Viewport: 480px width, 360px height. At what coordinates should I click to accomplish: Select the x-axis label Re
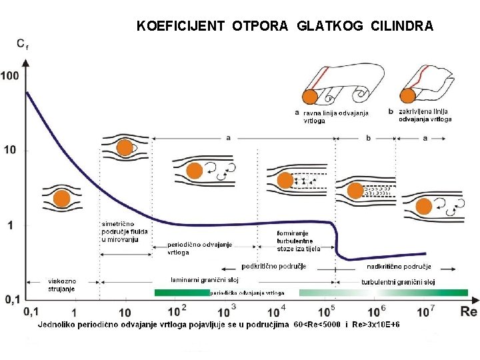(x=469, y=311)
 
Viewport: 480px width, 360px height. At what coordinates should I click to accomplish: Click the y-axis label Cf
(x=21, y=44)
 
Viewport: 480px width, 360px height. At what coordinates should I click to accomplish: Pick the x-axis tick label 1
(x=74, y=312)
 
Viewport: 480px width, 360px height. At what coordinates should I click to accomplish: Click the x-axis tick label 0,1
(x=31, y=312)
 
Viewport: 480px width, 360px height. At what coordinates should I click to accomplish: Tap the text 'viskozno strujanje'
(x=61, y=285)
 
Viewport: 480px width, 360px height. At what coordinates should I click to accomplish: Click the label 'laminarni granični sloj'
(x=205, y=279)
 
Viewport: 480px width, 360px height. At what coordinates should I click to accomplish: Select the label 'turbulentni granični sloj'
(x=398, y=282)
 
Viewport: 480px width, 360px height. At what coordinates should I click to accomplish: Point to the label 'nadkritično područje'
(x=399, y=267)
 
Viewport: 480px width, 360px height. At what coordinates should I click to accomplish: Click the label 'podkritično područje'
(x=273, y=267)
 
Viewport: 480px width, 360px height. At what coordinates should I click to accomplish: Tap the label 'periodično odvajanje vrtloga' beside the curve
(x=199, y=248)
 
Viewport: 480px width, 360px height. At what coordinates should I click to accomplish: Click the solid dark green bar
(x=182, y=293)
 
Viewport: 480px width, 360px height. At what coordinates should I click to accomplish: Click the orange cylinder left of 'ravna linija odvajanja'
(x=309, y=97)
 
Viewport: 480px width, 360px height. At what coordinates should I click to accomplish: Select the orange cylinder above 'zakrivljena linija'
(x=407, y=96)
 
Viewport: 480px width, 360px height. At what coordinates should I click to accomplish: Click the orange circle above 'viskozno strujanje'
(x=61, y=199)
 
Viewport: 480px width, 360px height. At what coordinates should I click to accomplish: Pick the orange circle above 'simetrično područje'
(x=125, y=148)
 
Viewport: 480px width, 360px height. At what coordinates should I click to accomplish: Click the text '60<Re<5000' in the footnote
(x=318, y=324)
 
